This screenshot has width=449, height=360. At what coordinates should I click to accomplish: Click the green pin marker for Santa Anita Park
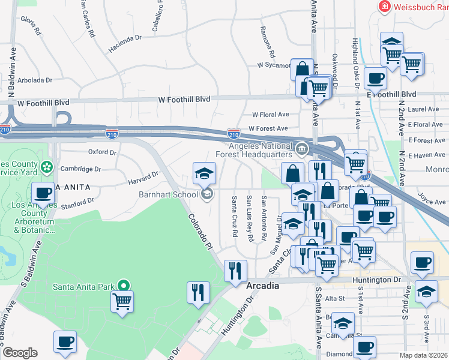tap(124, 286)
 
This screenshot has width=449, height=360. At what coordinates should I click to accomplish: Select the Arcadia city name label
tap(263, 286)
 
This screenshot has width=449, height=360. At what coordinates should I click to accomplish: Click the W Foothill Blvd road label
tap(184, 99)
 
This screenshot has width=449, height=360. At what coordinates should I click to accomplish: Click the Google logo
tap(19, 353)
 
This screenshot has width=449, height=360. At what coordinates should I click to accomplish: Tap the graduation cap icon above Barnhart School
tap(204, 173)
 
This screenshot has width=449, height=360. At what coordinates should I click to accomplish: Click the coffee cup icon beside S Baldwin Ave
tap(43, 193)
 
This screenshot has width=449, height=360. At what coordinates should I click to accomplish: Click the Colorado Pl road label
tap(199, 232)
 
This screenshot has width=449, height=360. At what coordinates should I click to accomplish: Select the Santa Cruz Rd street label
tap(235, 216)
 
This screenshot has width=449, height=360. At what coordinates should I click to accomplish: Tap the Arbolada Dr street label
tap(34, 79)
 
